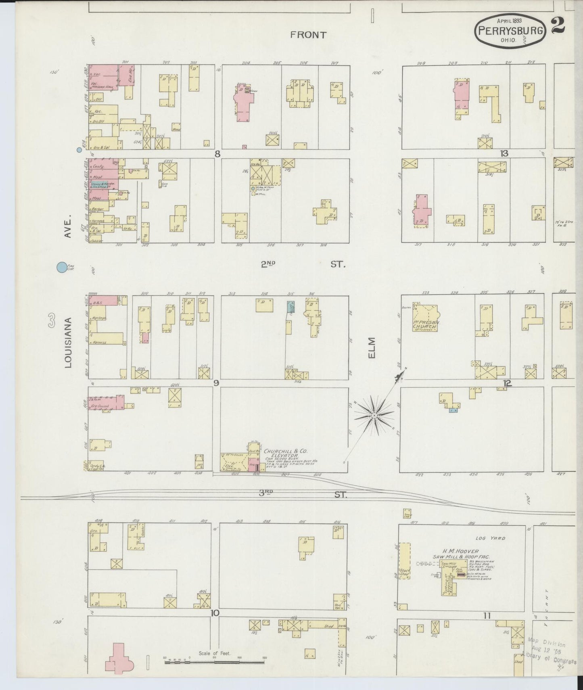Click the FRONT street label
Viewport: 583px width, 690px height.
coord(308,35)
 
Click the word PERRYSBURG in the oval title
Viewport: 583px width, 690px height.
coord(511,30)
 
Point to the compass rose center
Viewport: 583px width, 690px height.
coord(374,415)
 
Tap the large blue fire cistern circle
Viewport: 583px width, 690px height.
coord(61,267)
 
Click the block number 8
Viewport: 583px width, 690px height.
coord(217,154)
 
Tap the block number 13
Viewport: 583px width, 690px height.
coord(504,153)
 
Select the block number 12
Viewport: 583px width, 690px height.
coord(507,383)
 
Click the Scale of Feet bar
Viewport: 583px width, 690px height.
coord(214,662)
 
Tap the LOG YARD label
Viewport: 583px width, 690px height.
coord(490,538)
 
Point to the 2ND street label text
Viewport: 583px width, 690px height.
coord(268,264)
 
